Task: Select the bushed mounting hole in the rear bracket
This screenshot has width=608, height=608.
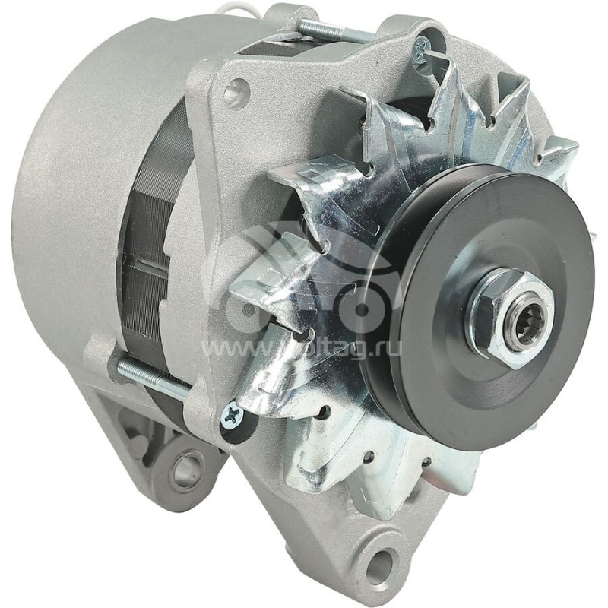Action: tap(183, 468)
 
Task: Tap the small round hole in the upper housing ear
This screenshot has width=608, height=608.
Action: tap(235, 93)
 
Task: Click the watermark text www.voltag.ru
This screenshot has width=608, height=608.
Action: tap(304, 350)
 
